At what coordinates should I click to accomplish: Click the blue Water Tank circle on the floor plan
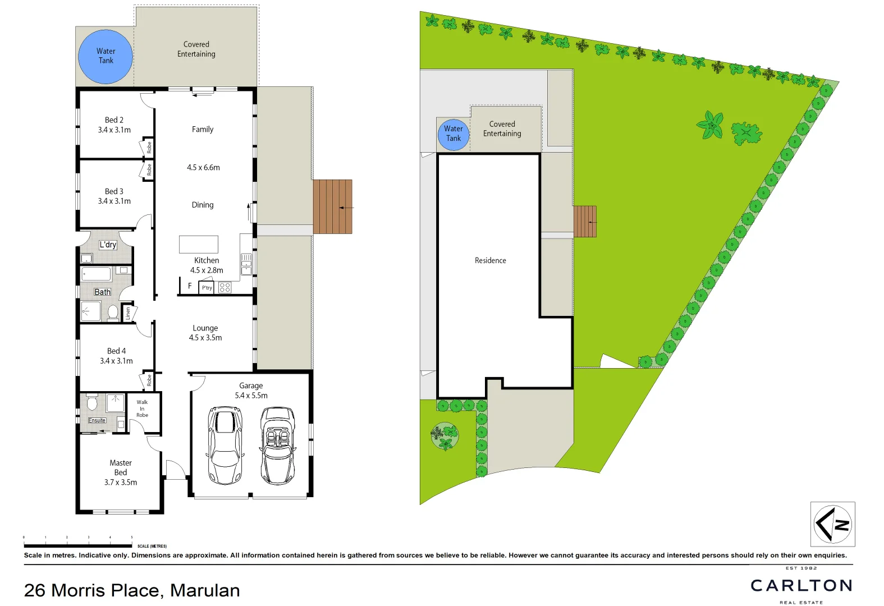pos(106,56)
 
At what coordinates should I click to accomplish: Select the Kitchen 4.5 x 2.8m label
pos(207,265)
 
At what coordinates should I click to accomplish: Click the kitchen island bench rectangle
pos(199,245)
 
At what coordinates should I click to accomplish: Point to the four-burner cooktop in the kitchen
pos(225,288)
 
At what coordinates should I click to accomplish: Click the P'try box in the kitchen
pos(207,288)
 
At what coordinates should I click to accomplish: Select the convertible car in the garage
pos(278,446)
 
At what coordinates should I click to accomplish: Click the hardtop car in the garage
pos(225,446)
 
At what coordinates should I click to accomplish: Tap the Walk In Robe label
pos(142,408)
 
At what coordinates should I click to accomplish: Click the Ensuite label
pos(97,420)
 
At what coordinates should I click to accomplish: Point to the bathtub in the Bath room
pos(97,274)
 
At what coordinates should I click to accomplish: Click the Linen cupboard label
pos(129,313)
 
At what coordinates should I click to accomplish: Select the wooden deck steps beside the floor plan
pos(332,206)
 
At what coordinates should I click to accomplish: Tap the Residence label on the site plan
pos(490,260)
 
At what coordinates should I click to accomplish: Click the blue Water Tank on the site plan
pos(453,135)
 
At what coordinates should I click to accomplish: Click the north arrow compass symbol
pos(832,524)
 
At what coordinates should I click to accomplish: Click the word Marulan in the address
pos(205,590)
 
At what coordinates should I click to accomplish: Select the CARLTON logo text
pos(801,586)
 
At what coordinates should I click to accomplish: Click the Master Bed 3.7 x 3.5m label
pos(121,472)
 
